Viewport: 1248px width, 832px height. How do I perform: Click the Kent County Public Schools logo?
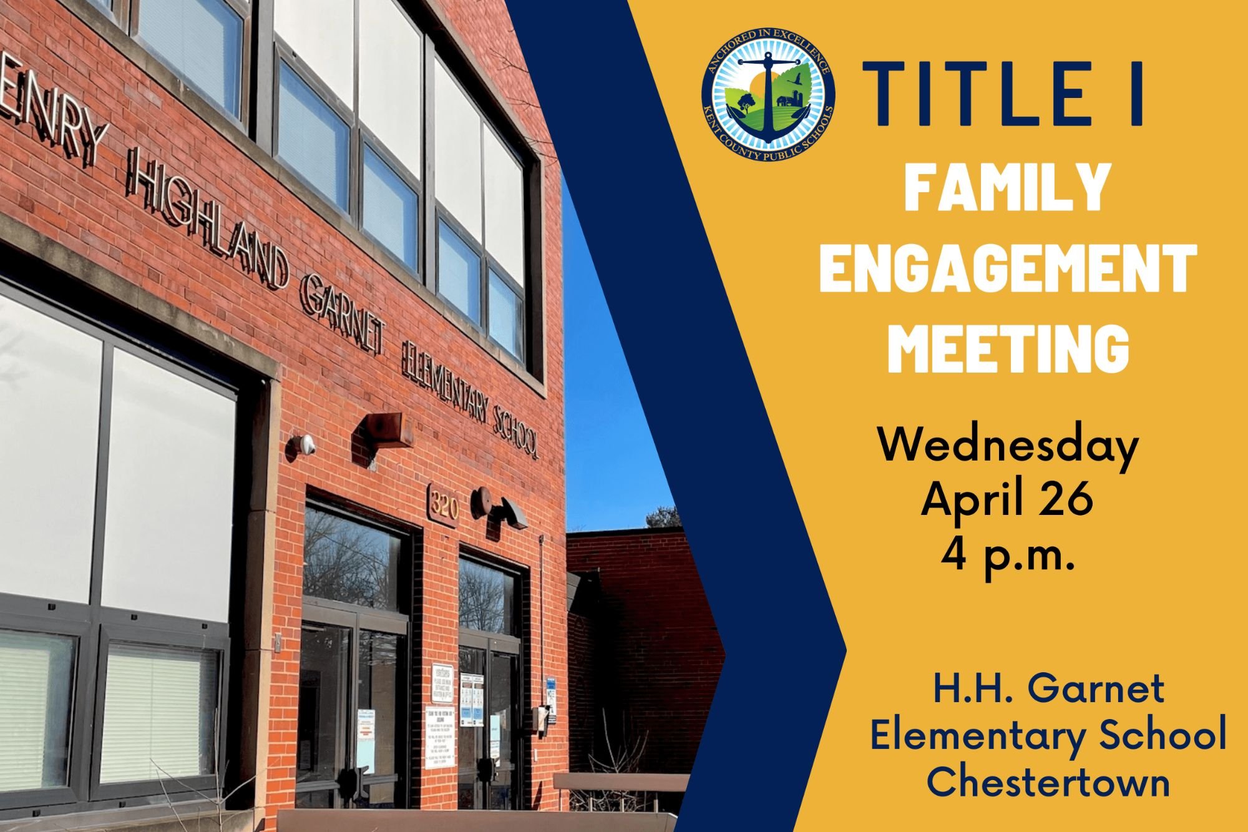click(x=768, y=96)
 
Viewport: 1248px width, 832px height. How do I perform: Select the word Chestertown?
click(x=1048, y=783)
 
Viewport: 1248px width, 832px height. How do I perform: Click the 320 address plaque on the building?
click(x=444, y=504)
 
